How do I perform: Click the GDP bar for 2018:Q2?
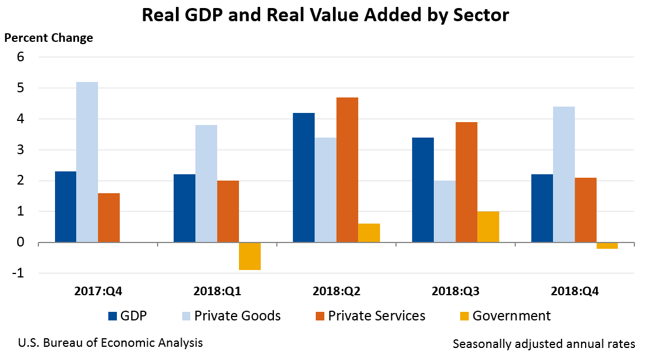(x=304, y=178)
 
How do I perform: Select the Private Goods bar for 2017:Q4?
(x=87, y=162)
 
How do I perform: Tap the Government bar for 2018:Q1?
(x=250, y=256)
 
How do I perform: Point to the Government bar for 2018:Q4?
(x=607, y=245)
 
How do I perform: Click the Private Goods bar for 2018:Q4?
(x=564, y=175)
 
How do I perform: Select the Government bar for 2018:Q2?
(x=369, y=233)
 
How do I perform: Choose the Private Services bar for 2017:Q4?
(x=109, y=218)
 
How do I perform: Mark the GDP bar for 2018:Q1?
(x=185, y=209)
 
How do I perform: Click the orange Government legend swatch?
(x=465, y=316)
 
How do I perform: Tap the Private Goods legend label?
(x=237, y=316)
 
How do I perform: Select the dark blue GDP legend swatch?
(x=113, y=316)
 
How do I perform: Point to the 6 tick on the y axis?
(x=21, y=57)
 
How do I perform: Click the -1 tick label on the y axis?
(x=18, y=273)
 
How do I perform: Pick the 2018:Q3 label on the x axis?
(x=456, y=291)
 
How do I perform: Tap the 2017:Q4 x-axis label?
(x=98, y=291)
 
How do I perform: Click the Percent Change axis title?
(x=49, y=38)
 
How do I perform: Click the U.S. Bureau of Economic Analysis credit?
(x=110, y=343)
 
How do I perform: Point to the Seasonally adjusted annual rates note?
(x=543, y=344)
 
